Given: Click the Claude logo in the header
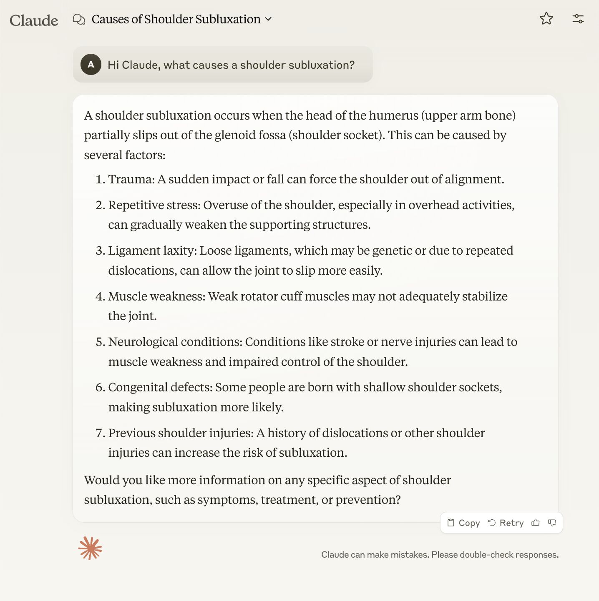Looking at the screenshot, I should [x=34, y=20].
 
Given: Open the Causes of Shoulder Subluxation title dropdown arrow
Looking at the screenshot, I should [x=268, y=19].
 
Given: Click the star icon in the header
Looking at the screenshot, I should [x=546, y=18].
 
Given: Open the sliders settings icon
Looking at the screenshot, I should [x=578, y=19].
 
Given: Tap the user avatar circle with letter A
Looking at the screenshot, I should [x=91, y=65].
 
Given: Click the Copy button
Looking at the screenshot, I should [x=463, y=523].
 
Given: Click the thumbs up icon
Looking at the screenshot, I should [x=536, y=523].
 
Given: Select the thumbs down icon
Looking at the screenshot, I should [x=552, y=523].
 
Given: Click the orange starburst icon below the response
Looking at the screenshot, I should [x=90, y=548].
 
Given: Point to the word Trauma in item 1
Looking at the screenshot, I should [x=130, y=179].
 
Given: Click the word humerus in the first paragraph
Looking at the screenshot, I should [x=393, y=115].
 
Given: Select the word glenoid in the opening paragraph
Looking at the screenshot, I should [x=235, y=135].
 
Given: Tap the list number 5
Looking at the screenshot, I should [x=100, y=342].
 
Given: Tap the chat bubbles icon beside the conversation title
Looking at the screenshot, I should [x=79, y=19].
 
